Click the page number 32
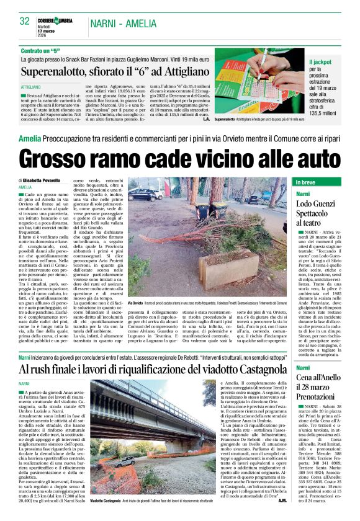pos(25,21)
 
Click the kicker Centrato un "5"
pos(43,50)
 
